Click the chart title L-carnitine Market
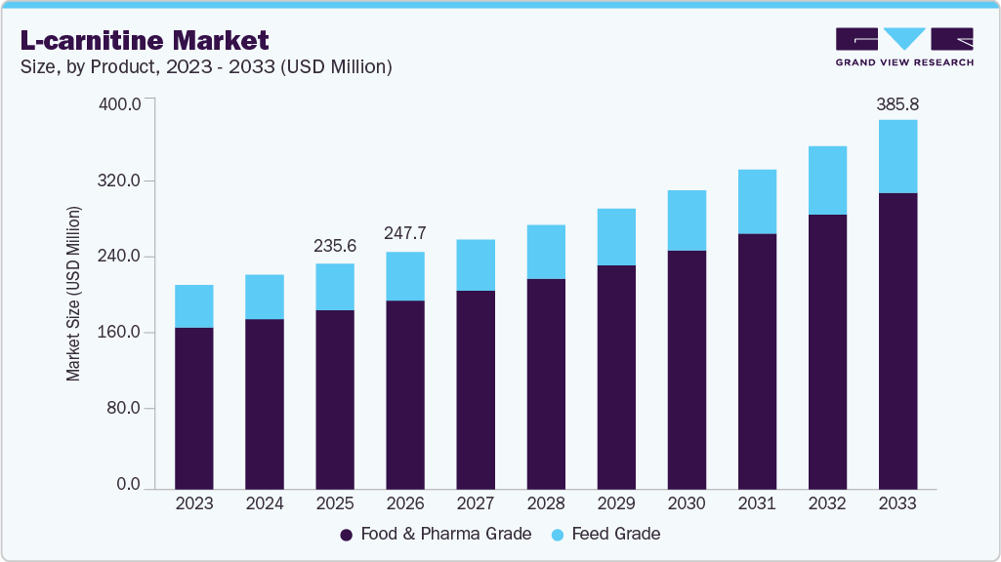tap(145, 40)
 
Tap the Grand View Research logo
tap(904, 47)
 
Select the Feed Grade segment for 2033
tap(897, 156)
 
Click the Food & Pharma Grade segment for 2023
tap(193, 407)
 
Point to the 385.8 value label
tap(897, 103)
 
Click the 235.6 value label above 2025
tap(334, 247)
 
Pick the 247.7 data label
tap(404, 234)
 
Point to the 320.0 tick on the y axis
tap(122, 181)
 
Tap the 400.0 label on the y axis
tap(122, 103)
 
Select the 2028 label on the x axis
tap(545, 503)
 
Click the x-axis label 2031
tap(757, 503)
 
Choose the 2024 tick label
tap(264, 503)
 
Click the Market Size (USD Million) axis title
tap(74, 294)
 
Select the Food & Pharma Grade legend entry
tap(436, 534)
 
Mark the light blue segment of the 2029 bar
tap(616, 237)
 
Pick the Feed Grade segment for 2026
tap(404, 276)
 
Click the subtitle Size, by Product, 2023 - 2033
tap(206, 67)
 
